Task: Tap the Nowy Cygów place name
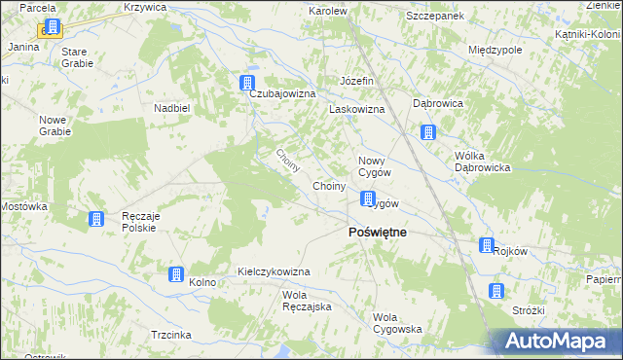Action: pyautogui.click(x=375, y=165)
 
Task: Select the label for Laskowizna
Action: pyautogui.click(x=357, y=110)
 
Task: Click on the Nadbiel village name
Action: pyautogui.click(x=171, y=108)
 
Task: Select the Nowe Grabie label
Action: pyautogui.click(x=52, y=126)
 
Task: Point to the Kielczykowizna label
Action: pyautogui.click(x=274, y=271)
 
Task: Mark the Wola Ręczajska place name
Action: pyautogui.click(x=308, y=301)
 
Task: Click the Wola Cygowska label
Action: pyautogui.click(x=397, y=323)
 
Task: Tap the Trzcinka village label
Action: pyautogui.click(x=171, y=334)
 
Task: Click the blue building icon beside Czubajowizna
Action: pyautogui.click(x=248, y=83)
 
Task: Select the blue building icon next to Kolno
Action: pyautogui.click(x=176, y=275)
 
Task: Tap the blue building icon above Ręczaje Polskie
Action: pyautogui.click(x=96, y=220)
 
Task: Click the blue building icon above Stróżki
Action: pyautogui.click(x=496, y=290)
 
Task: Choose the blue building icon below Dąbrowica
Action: pyautogui.click(x=427, y=132)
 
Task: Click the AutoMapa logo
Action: pyautogui.click(x=559, y=341)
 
